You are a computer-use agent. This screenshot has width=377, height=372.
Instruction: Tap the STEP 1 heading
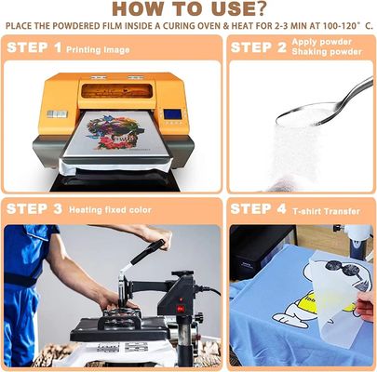[34, 47]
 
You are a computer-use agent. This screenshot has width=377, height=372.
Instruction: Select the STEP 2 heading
[259, 47]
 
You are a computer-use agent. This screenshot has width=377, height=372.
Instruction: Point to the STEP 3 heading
[34, 209]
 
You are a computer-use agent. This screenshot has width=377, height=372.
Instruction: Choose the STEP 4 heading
[258, 209]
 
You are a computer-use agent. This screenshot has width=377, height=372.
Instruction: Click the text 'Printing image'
[98, 50]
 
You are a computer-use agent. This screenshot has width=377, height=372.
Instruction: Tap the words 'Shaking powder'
[327, 52]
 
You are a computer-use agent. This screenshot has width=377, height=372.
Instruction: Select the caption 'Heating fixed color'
[110, 210]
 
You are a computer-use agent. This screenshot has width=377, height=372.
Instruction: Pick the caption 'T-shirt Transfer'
[326, 211]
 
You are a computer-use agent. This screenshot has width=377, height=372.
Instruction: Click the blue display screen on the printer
[172, 114]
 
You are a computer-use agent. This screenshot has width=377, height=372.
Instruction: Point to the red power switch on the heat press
[180, 308]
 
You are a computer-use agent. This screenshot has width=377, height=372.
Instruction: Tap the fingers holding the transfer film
[366, 305]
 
